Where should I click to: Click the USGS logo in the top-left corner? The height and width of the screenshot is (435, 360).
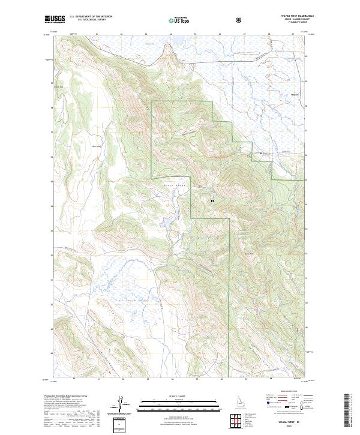[55, 19]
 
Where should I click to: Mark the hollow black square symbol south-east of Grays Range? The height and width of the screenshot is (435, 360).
[212, 201]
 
